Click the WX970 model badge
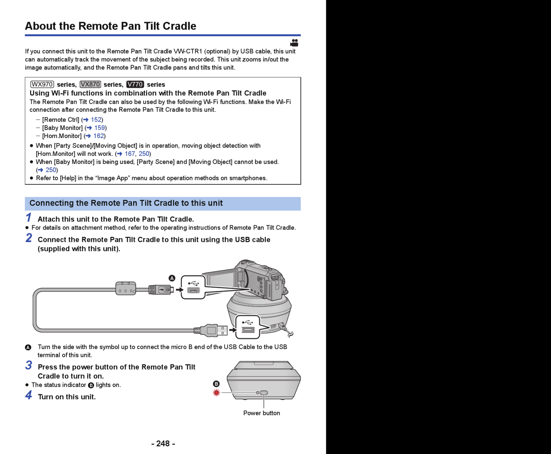[42, 84]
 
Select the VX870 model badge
[90, 84]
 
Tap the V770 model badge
[135, 84]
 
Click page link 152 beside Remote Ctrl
[96, 120]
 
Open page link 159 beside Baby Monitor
[99, 128]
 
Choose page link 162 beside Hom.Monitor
[99, 136]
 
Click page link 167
[130, 154]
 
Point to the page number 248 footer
[163, 443]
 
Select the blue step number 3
[29, 365]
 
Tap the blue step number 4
[29, 395]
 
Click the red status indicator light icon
[216, 393]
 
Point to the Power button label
[262, 413]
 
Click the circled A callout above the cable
[172, 278]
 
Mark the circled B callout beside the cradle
[216, 384]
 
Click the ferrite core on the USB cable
[126, 288]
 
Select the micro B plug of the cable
[161, 290]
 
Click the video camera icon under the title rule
[294, 43]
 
